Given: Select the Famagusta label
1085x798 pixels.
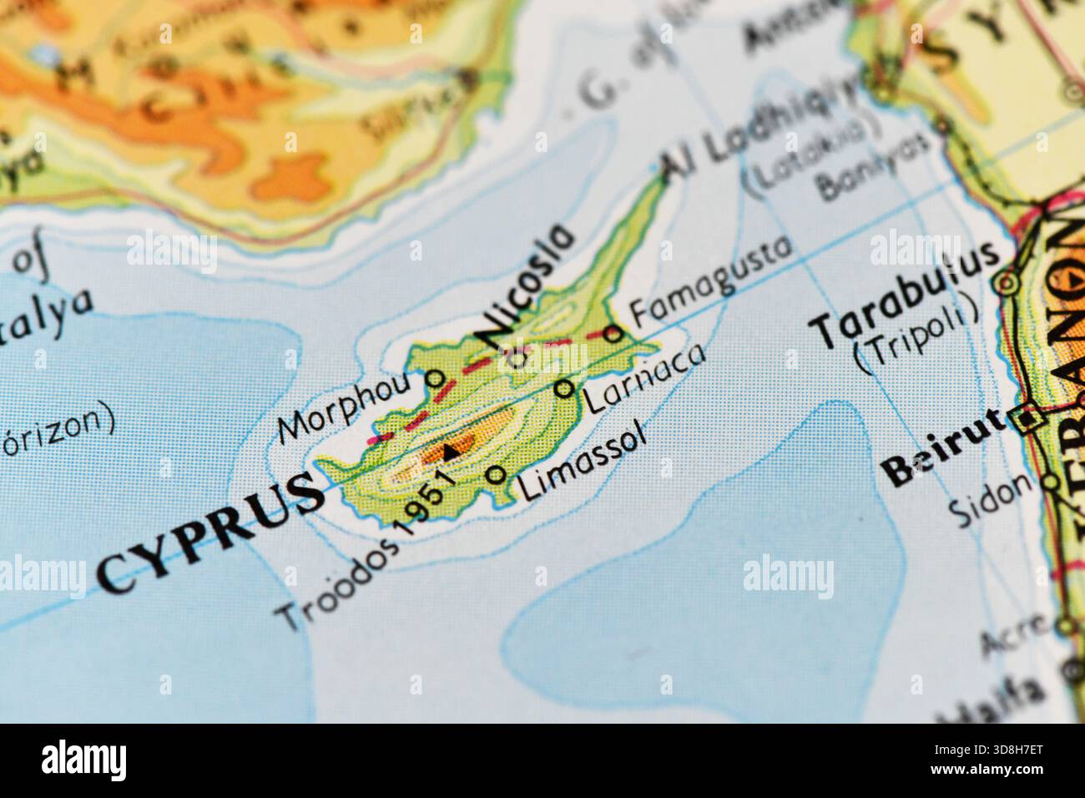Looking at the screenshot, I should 709,280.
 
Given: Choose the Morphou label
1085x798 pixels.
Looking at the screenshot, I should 345,407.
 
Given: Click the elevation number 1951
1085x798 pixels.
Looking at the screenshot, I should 425,500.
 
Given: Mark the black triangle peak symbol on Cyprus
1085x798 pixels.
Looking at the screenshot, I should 451,452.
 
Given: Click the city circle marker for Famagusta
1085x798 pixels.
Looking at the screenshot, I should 613,334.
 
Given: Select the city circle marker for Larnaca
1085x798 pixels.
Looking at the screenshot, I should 565,388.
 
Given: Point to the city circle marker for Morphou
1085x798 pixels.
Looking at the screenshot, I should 434,378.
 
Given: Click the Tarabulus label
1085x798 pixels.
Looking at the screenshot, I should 906,295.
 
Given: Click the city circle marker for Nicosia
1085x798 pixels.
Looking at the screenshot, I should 519,360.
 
